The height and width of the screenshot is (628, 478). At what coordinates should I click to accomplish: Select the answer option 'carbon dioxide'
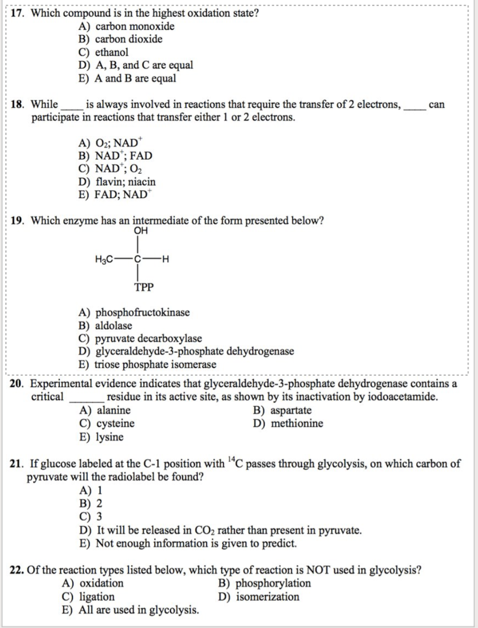click(128, 39)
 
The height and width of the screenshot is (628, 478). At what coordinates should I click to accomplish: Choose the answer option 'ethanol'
click(112, 52)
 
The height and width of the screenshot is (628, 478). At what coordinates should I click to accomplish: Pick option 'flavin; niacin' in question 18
click(125, 182)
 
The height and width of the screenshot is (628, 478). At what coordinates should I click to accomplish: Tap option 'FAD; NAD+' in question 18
click(123, 195)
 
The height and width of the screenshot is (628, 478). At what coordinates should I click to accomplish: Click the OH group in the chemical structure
click(141, 231)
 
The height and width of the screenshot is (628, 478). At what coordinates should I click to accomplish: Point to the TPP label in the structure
click(144, 287)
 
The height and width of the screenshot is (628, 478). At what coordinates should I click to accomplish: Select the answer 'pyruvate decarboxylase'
click(148, 338)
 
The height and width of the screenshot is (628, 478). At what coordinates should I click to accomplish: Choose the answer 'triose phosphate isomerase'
click(155, 364)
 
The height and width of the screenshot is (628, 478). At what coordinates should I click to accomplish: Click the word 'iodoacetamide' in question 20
click(401, 397)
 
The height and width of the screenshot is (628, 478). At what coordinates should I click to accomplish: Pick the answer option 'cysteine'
click(115, 424)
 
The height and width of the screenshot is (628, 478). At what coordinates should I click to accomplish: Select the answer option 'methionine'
click(297, 424)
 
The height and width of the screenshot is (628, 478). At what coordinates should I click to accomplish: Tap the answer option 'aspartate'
click(291, 411)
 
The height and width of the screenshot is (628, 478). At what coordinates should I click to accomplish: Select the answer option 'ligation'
click(97, 597)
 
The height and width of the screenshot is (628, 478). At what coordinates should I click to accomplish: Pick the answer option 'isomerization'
click(267, 597)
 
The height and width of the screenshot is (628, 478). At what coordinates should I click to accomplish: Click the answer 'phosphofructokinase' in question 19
click(142, 313)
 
